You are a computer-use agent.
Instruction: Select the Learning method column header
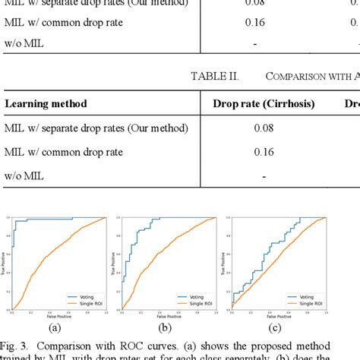46,103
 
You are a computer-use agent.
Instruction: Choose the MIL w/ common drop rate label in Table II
64,151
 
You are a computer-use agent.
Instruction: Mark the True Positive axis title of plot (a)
6,262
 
